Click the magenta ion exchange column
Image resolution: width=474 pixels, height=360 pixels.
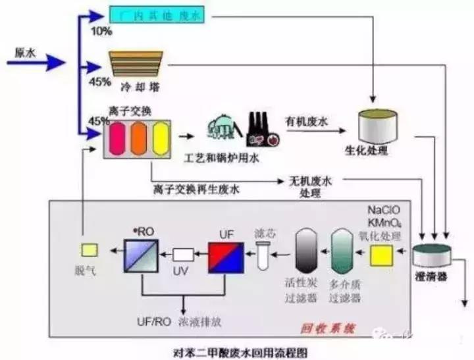pos(117,140)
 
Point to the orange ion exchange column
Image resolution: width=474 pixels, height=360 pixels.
pos(138,140)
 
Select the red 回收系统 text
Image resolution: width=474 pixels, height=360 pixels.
pos(319,325)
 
